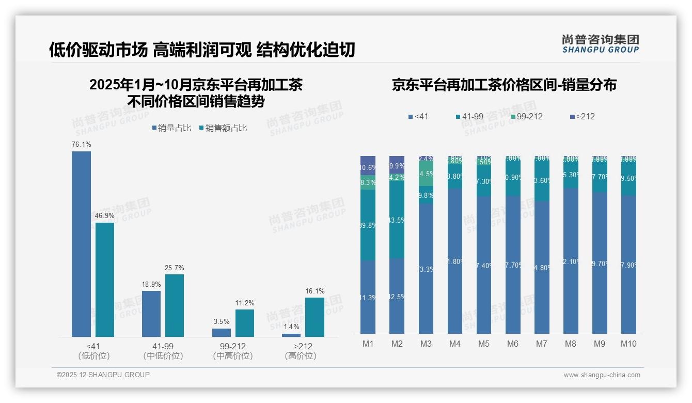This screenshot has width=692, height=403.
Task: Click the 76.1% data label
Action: coord(81,145)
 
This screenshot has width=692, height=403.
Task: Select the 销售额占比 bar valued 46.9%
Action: coord(105,280)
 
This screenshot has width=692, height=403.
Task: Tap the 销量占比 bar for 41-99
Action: coord(151,314)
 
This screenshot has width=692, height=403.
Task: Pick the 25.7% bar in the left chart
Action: coord(175,305)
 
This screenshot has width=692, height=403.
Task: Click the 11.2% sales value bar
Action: coord(245,323)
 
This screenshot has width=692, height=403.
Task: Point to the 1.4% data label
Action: coord(291,327)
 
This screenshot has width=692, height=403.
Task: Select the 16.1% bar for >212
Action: coord(314,317)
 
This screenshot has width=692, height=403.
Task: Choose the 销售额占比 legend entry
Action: coord(223,128)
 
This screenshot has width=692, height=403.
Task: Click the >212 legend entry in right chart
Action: coord(582,117)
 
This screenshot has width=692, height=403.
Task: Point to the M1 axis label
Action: coord(368,344)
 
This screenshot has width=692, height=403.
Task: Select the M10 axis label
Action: coord(628,344)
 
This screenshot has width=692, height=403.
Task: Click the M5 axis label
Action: coord(483,344)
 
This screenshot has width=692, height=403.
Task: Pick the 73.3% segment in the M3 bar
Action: coord(426,268)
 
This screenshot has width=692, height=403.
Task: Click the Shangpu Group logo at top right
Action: coord(600,44)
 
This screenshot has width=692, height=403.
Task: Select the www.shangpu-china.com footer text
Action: coord(602,375)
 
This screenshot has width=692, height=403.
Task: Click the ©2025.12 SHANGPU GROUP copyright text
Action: coord(103,375)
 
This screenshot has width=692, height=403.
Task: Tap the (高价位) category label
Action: coord(300,356)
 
